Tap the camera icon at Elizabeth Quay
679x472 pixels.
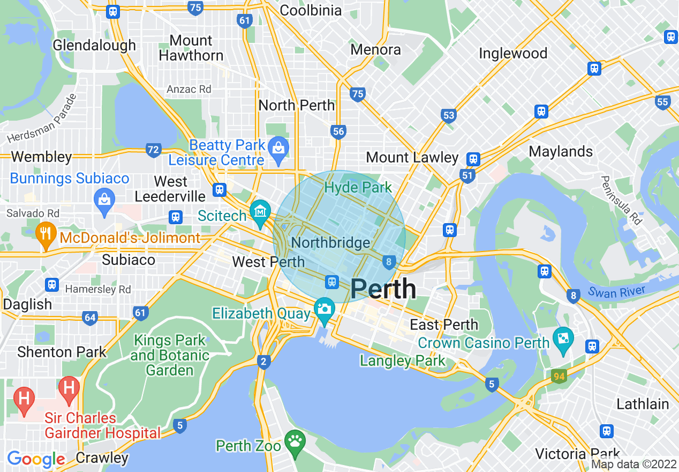pyautogui.click(x=324, y=309)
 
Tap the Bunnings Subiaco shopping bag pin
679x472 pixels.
pyautogui.click(x=104, y=200)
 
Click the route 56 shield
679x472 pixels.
pyautogui.click(x=338, y=131)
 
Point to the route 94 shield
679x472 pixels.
pyautogui.click(x=559, y=376)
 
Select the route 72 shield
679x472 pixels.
pyautogui.click(x=154, y=150)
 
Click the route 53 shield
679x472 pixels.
pyautogui.click(x=449, y=115)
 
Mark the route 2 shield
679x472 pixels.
pyautogui.click(x=263, y=362)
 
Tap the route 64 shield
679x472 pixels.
pyautogui.click(x=90, y=318)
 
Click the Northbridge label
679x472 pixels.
pyautogui.click(x=330, y=243)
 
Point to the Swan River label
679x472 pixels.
pyautogui.click(x=616, y=292)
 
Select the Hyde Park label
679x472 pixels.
pyautogui.click(x=358, y=188)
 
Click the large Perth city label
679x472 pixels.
pyautogui.click(x=383, y=289)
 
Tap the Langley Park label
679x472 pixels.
pyautogui.click(x=402, y=360)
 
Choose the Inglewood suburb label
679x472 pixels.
pyautogui.click(x=512, y=54)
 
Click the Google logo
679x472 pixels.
pyautogui.click(x=36, y=459)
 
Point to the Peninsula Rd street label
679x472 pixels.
pyautogui.click(x=621, y=200)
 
